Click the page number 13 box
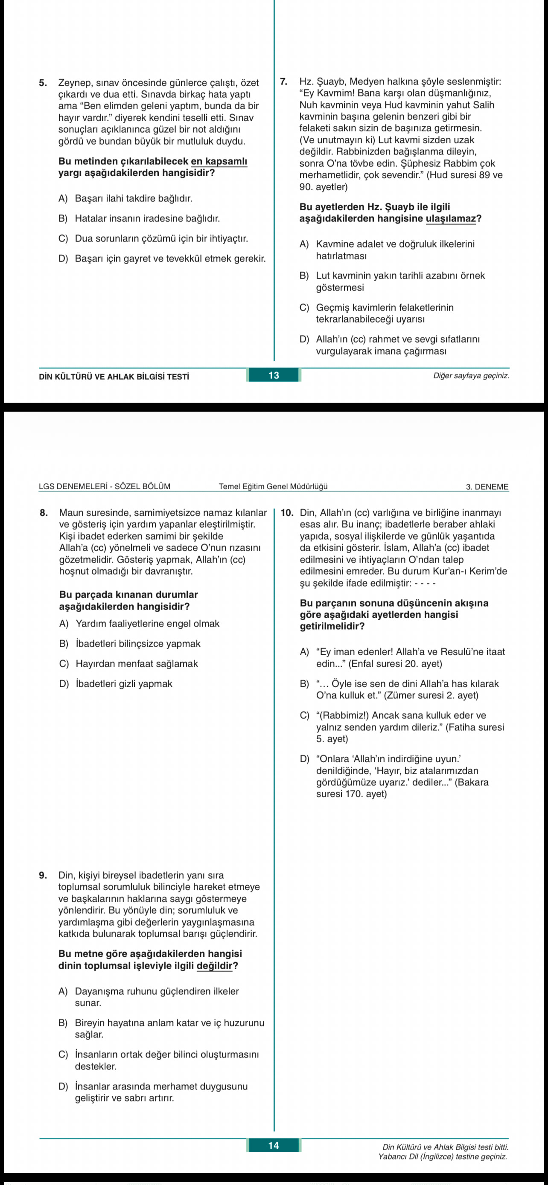click(274, 375)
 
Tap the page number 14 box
click(274, 1145)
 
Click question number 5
click(43, 83)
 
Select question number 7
click(284, 81)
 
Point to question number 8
click(44, 512)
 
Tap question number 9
click(43, 875)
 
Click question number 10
click(287, 512)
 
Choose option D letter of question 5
click(63, 258)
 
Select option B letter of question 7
click(304, 276)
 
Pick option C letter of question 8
click(64, 663)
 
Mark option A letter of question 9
click(63, 991)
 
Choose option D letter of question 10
click(304, 758)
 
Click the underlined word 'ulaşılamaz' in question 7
click(450, 218)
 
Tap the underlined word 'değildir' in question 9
click(214, 966)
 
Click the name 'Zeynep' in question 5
click(74, 83)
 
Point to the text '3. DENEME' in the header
click(487, 487)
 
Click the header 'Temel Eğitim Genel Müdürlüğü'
click(273, 486)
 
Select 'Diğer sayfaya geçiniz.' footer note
click(471, 375)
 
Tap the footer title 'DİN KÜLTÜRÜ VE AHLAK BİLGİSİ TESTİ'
click(114, 376)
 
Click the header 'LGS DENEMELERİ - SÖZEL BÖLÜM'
click(105, 486)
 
